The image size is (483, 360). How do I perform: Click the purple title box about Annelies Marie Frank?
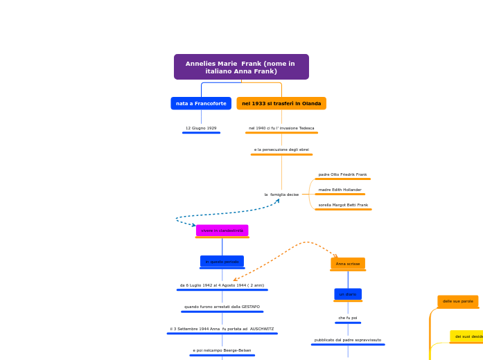[241, 67]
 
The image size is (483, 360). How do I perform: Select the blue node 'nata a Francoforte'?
[201, 103]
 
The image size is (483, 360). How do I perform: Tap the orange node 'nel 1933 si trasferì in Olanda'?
[281, 103]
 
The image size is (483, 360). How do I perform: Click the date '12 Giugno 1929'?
[201, 128]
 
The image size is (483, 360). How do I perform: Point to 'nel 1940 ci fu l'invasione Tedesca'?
[281, 128]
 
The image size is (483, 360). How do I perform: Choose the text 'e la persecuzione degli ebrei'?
[281, 150]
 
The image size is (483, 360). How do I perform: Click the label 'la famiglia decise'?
[281, 195]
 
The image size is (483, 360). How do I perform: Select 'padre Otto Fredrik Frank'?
[342, 174]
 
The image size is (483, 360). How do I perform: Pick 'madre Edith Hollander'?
[340, 190]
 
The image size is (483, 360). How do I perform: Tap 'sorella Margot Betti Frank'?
[343, 205]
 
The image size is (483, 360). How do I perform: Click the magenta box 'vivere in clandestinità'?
[222, 231]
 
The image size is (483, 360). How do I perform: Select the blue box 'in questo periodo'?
[222, 262]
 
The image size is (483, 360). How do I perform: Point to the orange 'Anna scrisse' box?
[348, 264]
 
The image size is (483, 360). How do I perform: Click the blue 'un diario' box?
[348, 294]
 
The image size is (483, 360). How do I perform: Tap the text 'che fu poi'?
[348, 318]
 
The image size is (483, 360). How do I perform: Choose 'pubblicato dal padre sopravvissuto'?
[348, 340]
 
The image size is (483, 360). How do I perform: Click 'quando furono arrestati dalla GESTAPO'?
[222, 307]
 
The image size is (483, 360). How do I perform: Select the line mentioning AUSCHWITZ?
[222, 329]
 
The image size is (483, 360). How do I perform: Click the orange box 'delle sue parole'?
[457, 301]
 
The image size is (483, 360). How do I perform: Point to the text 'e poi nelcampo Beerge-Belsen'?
[222, 350]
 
